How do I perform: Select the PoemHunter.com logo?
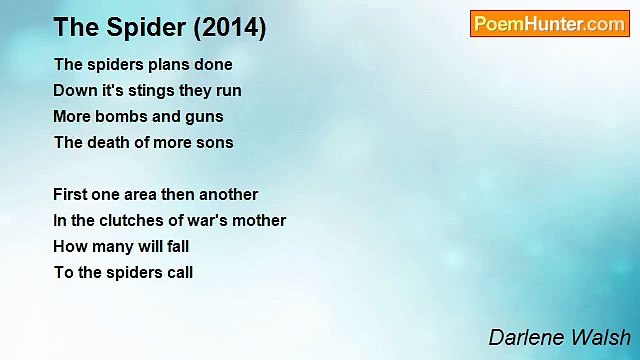point(549,24)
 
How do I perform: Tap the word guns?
point(204,117)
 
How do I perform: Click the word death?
point(108,143)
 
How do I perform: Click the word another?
point(226,195)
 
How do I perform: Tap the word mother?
point(261,221)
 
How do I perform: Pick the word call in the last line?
point(177,273)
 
